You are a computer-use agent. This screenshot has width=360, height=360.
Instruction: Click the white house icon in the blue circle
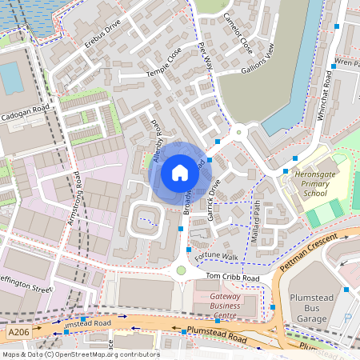pos(180,172)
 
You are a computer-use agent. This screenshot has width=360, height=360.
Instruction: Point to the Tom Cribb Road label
pos(234,277)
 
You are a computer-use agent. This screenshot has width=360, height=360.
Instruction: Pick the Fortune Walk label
pos(221,256)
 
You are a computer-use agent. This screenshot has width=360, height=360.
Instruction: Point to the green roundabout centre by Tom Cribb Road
pos(181,270)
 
